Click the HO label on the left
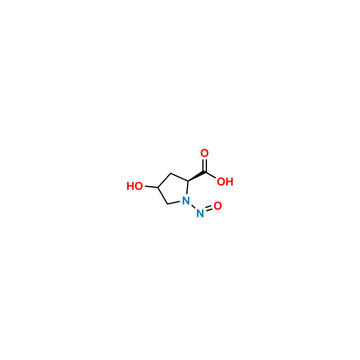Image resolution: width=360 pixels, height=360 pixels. [x=135, y=186]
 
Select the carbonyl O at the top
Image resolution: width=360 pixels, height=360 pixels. [x=204, y=153]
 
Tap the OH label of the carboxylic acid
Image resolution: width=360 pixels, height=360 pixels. [x=225, y=182]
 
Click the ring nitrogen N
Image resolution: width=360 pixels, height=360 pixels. [x=186, y=200]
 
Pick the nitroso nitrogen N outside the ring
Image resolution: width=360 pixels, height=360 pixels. [x=200, y=213]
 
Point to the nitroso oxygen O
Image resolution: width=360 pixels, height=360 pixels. [x=218, y=206]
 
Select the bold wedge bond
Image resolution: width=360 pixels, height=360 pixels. [x=197, y=176]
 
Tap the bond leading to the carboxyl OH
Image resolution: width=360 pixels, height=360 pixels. [x=210, y=175]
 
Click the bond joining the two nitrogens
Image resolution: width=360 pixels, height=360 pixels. [x=193, y=207]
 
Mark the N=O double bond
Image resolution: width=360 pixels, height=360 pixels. [x=209, y=209]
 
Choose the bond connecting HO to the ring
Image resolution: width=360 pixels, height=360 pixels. [x=151, y=187]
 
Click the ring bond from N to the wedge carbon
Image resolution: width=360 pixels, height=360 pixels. [x=187, y=188]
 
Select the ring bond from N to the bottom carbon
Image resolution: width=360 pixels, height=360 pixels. [x=174, y=203]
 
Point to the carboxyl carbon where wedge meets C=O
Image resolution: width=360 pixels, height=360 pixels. [x=205, y=172]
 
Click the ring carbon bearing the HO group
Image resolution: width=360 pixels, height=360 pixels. [x=158, y=188]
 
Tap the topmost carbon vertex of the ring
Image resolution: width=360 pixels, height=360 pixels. [x=171, y=173]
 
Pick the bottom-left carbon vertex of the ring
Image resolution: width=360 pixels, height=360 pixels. [x=167, y=204]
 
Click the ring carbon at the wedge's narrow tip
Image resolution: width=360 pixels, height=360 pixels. [x=188, y=181]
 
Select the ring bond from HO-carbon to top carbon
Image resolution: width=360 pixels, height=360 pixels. [x=164, y=180]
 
